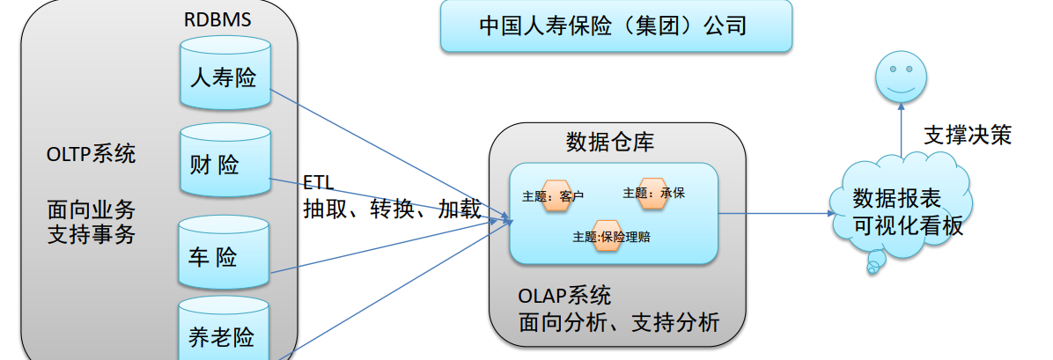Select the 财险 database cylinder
tap(224, 164)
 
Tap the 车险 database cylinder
tap(224, 256)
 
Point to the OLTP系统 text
tap(91, 155)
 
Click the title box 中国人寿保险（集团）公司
tap(615, 26)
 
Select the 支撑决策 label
tap(967, 135)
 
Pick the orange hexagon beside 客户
tap(557, 195)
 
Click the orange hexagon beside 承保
tap(653, 193)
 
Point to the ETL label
tap(319, 183)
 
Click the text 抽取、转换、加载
tap(392, 209)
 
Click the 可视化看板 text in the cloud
tap(909, 225)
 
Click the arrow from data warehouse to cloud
tap(775, 212)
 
